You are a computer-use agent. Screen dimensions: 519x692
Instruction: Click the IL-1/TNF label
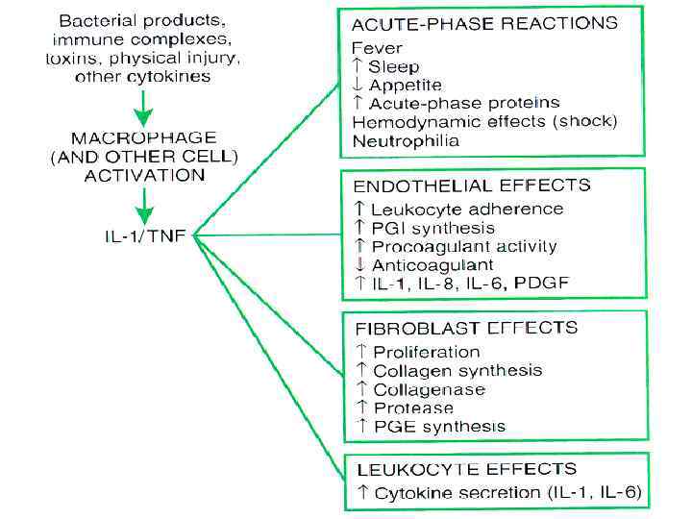(144, 234)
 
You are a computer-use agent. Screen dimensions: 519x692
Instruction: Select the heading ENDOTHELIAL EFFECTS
(472, 185)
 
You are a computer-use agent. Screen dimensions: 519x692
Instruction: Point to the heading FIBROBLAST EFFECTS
(466, 329)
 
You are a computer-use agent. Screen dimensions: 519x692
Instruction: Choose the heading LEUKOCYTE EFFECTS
(466, 470)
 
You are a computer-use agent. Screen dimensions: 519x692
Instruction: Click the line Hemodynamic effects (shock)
(484, 121)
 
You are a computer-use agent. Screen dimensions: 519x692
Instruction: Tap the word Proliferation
(426, 352)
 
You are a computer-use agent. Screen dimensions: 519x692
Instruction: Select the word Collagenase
(429, 389)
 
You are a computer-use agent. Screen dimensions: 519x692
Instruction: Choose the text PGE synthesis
(439, 426)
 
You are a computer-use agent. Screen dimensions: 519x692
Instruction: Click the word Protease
(413, 408)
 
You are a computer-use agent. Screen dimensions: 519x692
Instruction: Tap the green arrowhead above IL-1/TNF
(143, 211)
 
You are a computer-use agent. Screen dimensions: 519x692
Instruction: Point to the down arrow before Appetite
(358, 85)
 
